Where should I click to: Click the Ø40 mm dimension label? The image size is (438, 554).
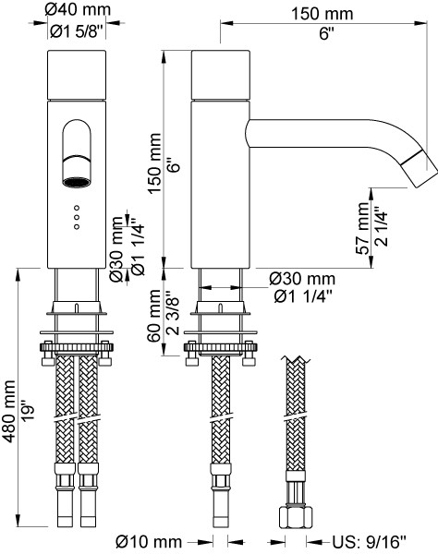coord(78,9)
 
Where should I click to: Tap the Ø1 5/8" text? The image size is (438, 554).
coord(77,31)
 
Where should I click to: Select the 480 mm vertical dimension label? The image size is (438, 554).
coord(8,411)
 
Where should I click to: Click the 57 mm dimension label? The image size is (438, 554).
coord(362,228)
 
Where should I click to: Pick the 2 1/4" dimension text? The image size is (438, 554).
coord(382,226)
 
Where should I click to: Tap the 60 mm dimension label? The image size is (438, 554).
coord(153,316)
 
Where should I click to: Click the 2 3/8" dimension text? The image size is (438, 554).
coord(173,313)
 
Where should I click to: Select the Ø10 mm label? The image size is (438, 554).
coord(149,541)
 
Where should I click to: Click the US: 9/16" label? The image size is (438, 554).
coord(369,541)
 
